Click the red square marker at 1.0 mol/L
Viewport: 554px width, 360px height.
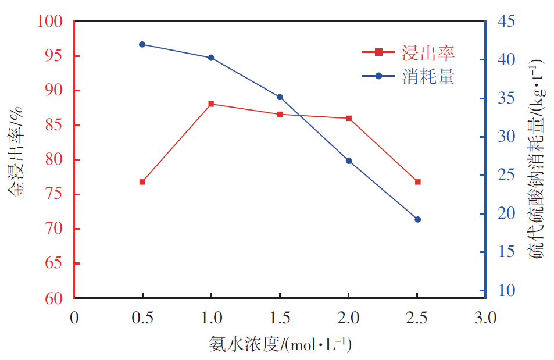[211, 104]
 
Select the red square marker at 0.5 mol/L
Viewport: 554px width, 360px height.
[142, 182]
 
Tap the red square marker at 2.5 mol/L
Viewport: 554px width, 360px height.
[417, 182]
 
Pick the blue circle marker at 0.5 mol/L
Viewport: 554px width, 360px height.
[142, 44]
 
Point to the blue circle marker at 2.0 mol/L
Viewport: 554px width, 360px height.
[349, 161]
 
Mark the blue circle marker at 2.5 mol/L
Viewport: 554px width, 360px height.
[417, 219]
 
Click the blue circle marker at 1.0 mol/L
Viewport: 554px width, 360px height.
[211, 58]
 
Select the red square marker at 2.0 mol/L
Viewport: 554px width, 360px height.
[349, 118]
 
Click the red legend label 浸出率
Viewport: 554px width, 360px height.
[428, 53]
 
